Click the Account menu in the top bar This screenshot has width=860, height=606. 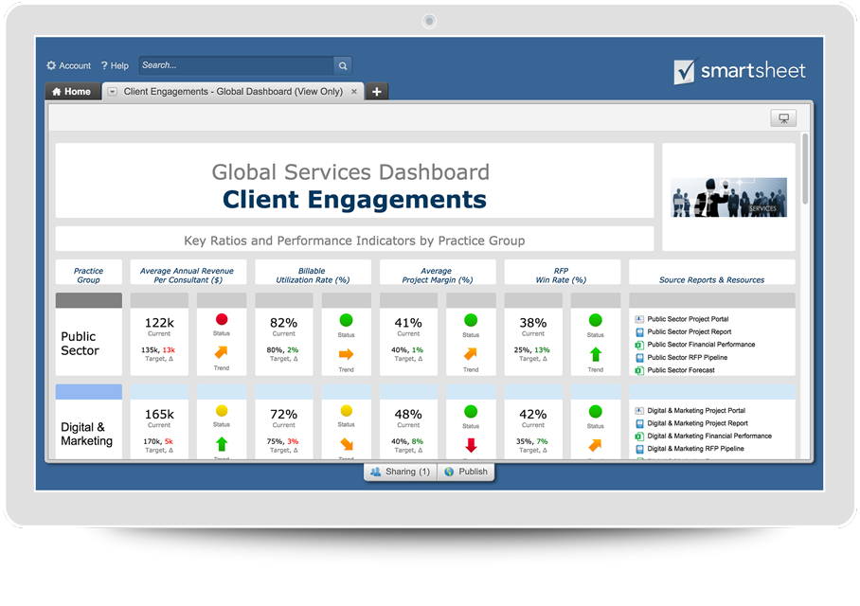68,65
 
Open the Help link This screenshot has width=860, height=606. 115,65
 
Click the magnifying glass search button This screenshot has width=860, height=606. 343,65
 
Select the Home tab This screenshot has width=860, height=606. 71,92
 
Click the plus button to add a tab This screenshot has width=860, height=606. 377,92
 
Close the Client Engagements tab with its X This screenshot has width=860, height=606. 354,92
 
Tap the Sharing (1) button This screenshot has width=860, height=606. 401,472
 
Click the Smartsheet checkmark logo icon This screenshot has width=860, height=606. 684,72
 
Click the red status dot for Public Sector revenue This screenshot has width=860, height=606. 222,320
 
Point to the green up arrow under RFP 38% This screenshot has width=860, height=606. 595,354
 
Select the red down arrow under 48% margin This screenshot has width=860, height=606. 471,445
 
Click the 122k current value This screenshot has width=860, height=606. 159,322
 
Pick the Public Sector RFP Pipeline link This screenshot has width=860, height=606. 689,358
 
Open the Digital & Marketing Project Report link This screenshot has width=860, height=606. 697,423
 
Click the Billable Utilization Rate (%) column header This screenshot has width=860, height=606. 313,275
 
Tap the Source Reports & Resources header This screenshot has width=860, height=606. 711,279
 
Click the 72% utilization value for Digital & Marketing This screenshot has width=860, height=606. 284,414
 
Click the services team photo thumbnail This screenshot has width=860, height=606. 728,197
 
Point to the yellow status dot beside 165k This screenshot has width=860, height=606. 222,411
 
